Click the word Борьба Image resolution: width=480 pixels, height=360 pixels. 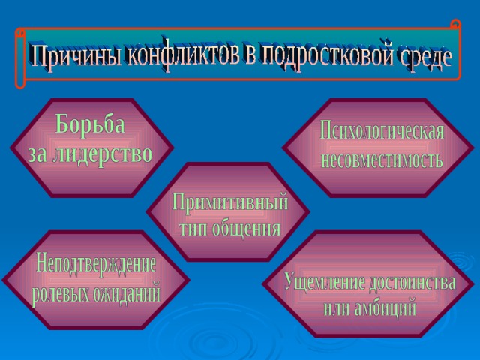coord(90,124)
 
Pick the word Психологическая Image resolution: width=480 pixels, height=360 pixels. coord(382,131)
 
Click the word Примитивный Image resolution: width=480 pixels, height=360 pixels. coord(230,202)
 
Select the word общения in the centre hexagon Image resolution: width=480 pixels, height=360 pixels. coord(247,228)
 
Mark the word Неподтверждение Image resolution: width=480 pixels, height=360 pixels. coord(96,263)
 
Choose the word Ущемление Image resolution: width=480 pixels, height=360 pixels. coord(325,282)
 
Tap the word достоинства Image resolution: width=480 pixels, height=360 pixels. coord(412,282)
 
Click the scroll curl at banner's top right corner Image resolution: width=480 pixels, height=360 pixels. coord(456,25)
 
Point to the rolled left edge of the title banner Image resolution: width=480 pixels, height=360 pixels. coord(20,58)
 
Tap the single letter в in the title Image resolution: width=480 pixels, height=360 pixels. coord(250,56)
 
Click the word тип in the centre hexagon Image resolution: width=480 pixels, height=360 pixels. coord(193,229)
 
